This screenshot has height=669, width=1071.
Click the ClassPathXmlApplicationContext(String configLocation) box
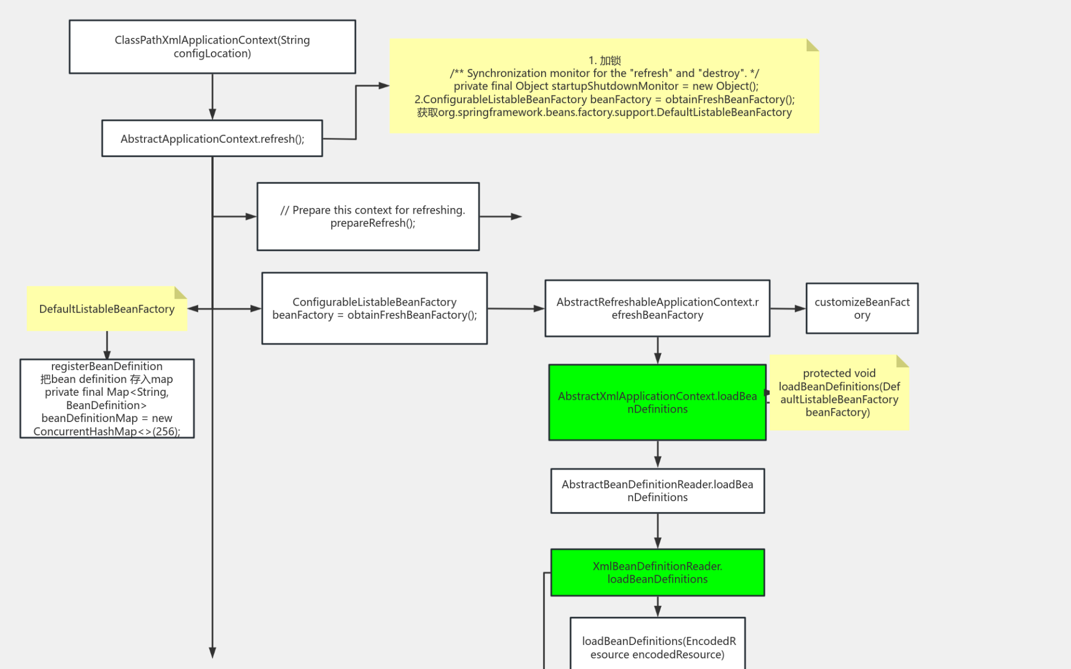click(x=212, y=47)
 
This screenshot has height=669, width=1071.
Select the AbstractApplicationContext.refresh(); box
click(x=212, y=138)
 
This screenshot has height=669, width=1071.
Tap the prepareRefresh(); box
click(x=368, y=216)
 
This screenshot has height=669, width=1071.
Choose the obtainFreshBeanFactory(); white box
click(x=374, y=308)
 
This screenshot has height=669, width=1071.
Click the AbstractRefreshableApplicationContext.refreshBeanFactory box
click(x=657, y=308)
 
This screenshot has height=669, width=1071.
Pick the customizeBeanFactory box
click(x=862, y=308)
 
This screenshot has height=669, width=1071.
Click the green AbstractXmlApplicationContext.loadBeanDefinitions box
click(x=657, y=403)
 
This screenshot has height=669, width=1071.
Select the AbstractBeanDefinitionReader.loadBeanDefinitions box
click(x=657, y=491)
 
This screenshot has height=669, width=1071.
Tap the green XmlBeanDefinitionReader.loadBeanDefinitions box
click(x=657, y=573)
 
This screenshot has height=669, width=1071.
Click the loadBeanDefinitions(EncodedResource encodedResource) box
click(x=657, y=647)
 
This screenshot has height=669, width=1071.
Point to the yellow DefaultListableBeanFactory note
click(x=106, y=309)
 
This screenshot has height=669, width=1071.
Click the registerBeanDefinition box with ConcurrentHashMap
click(x=107, y=399)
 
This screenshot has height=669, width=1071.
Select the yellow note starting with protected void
click(x=838, y=393)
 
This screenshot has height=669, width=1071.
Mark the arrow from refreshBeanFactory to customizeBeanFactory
click(x=788, y=308)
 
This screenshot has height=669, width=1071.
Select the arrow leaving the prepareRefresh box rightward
click(x=500, y=216)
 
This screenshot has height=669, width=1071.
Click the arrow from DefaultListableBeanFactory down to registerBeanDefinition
click(x=107, y=345)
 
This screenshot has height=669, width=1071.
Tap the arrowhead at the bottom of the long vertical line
click(x=213, y=652)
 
